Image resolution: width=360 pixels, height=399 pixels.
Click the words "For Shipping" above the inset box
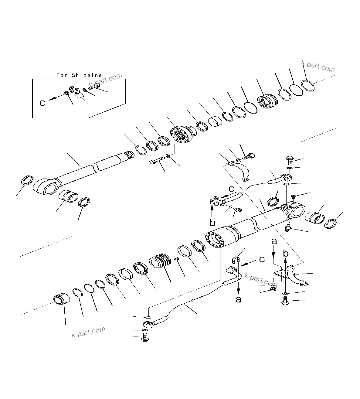tap(79, 75)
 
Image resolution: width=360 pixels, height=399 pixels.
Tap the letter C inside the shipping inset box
tap(42, 103)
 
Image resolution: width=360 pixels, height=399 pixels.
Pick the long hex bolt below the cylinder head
tap(157, 160)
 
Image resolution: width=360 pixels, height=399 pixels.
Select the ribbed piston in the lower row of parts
tap(160, 262)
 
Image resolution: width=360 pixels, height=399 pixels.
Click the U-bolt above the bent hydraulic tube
tap(236, 259)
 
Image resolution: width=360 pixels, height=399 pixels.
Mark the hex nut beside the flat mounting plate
tap(272, 290)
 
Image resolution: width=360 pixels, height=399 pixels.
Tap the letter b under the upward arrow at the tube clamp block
tap(212, 222)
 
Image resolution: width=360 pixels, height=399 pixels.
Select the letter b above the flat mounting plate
tap(286, 253)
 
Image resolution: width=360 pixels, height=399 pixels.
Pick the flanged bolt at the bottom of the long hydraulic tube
tap(144, 337)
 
